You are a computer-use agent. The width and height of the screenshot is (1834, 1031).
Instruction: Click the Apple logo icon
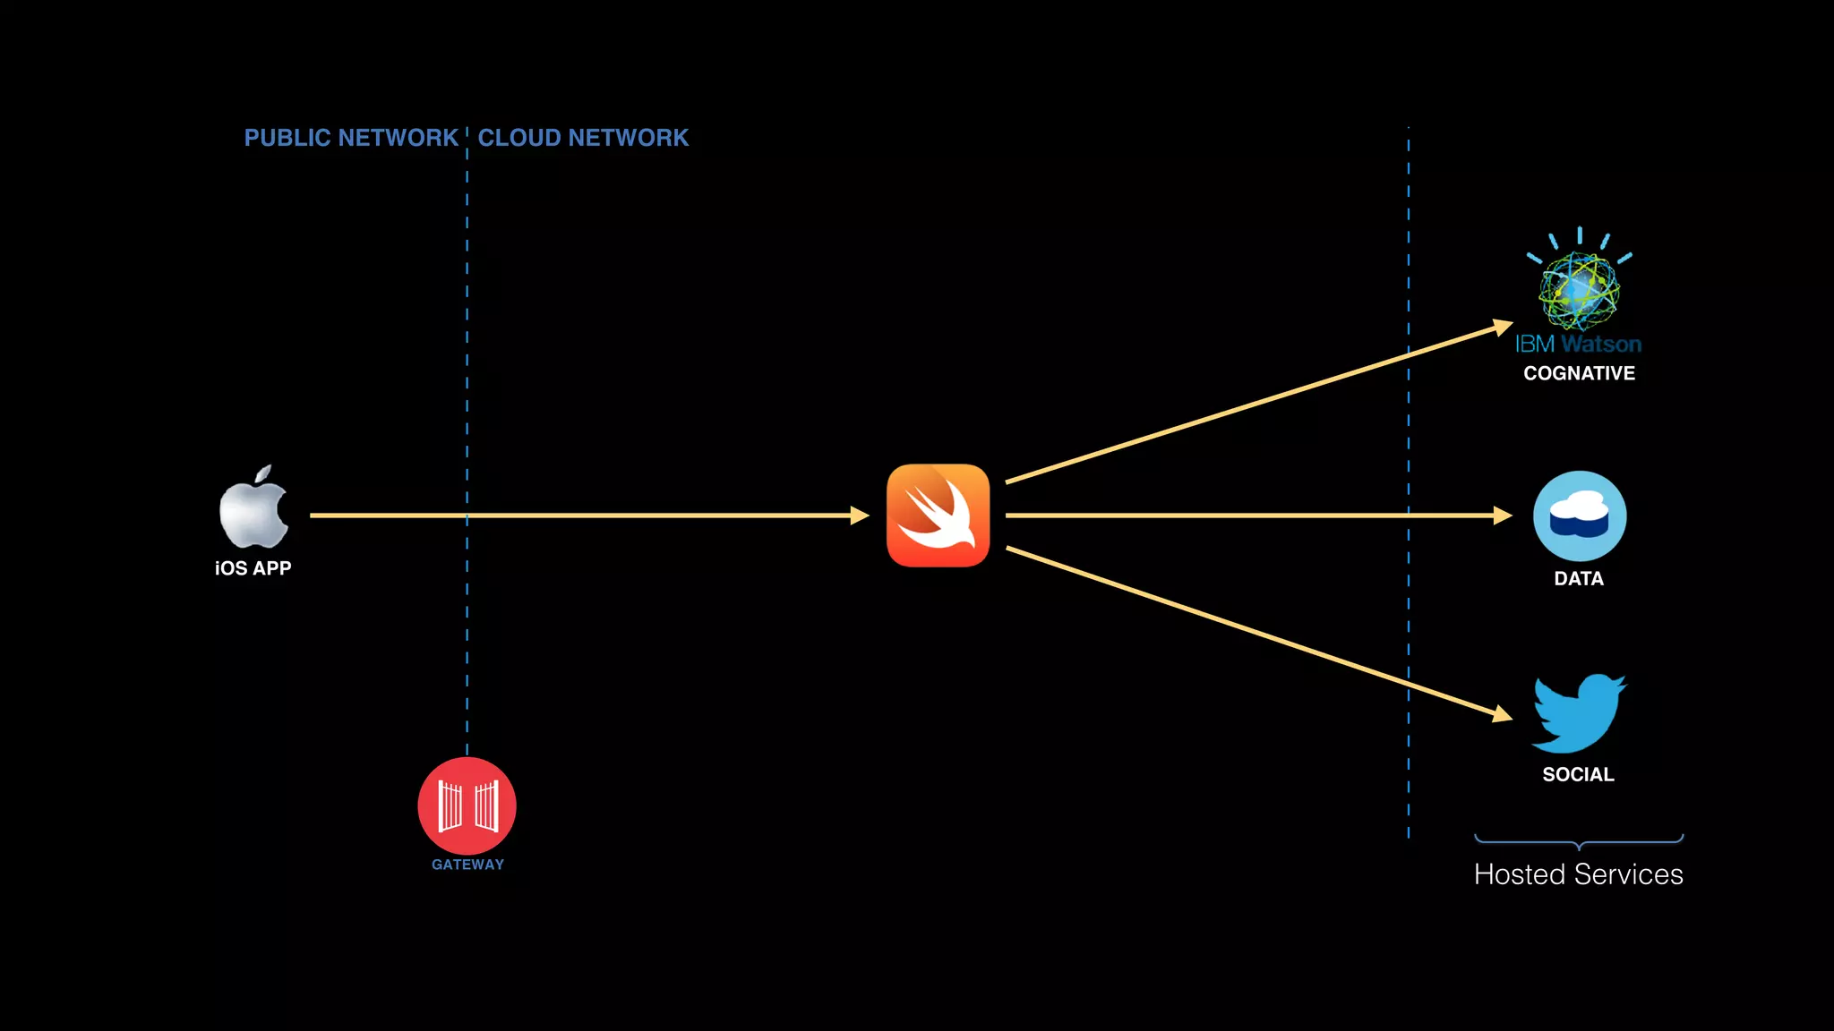[x=253, y=507]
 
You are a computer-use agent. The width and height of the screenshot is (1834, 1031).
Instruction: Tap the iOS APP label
[x=253, y=568]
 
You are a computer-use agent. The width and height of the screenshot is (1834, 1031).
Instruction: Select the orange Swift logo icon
[x=938, y=515]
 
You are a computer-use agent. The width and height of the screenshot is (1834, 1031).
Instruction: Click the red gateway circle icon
[x=467, y=805]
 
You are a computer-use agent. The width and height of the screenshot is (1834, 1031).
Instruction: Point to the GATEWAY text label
[x=467, y=865]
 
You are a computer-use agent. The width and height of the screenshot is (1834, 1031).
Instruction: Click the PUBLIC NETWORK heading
[x=351, y=138]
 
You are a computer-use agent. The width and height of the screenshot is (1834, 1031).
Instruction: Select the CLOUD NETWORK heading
[x=583, y=138]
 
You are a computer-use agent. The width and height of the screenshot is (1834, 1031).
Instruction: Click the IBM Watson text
[x=1578, y=344]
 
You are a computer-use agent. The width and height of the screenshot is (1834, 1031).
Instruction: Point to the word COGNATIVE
[x=1579, y=373]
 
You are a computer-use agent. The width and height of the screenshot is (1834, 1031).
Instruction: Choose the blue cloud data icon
[x=1580, y=516]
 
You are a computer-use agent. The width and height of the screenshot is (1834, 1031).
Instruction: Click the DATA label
[x=1579, y=579]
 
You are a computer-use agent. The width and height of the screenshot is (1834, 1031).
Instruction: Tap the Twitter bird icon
[x=1579, y=713]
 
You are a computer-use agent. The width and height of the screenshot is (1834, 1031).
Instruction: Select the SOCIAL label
[x=1578, y=775]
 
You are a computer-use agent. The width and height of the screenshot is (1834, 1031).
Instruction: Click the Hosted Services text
[x=1578, y=874]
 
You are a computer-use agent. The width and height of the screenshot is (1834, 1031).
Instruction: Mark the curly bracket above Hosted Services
[x=1579, y=841]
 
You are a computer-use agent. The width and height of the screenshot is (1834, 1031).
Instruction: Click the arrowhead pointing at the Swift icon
[x=861, y=515]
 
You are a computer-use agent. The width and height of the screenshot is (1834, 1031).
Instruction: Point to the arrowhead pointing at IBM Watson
[x=1504, y=328]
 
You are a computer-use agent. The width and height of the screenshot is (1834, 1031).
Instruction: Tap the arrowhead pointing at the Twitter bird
[x=1504, y=713]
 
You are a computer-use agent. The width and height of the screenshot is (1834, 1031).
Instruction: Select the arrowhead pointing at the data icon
[x=1504, y=515]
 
